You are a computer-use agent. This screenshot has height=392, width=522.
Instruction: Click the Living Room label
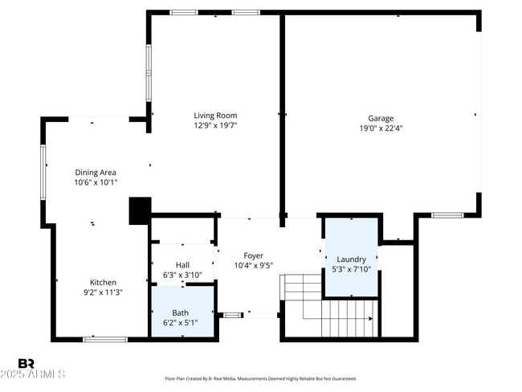[215, 116]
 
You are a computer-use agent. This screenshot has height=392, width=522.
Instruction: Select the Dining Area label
[96, 172]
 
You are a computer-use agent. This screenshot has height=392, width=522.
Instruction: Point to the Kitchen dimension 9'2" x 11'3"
[103, 292]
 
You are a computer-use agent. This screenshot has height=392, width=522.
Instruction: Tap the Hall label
[182, 265]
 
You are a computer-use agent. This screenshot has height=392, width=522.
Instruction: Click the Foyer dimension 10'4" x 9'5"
[253, 266]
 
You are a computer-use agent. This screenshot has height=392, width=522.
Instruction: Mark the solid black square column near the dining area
[140, 210]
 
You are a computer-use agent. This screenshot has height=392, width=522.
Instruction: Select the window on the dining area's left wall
[43, 171]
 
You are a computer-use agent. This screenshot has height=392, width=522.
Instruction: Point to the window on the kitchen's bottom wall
[105, 339]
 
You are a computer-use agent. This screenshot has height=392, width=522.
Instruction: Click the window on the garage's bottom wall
[447, 215]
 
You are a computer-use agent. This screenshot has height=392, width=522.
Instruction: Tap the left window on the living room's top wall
[184, 12]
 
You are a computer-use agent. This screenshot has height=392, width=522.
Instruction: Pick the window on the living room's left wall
[148, 71]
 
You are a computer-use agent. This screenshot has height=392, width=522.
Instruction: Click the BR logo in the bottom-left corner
[26, 364]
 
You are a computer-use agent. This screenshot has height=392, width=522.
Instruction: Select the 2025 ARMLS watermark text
[34, 374]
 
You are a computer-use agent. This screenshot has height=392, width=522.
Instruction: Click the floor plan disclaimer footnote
[260, 378]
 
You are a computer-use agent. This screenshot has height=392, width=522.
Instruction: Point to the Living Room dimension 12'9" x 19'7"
[215, 125]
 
